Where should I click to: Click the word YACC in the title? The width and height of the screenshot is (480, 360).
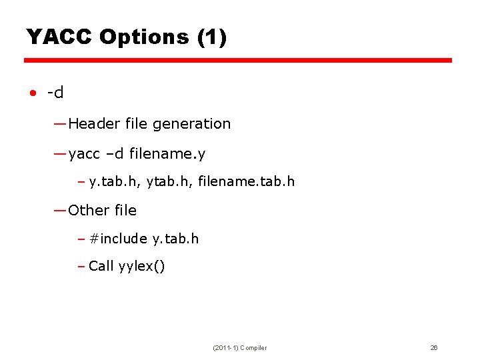click(59, 37)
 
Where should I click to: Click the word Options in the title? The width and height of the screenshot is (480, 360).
click(144, 37)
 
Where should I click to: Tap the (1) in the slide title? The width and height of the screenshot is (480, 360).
click(212, 37)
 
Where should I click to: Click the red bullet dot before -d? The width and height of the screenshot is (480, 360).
click(32, 93)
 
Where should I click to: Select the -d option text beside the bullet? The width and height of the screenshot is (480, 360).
click(55, 93)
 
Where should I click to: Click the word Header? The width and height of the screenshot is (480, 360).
click(92, 123)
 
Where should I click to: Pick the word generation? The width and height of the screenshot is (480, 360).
click(191, 123)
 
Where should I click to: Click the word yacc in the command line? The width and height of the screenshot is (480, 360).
click(84, 155)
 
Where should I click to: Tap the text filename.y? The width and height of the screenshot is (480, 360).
click(167, 155)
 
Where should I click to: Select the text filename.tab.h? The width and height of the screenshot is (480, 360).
click(247, 181)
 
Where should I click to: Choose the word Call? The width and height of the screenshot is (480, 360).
click(101, 266)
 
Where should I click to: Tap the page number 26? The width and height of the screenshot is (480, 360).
click(434, 348)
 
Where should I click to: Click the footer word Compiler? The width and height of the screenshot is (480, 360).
click(253, 348)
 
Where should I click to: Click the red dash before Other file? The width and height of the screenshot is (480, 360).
click(60, 211)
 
